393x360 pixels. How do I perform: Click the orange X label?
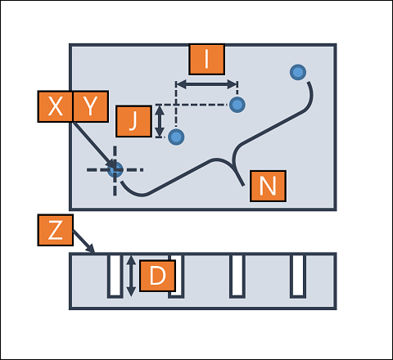click(56, 106)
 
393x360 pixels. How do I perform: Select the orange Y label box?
click(91, 106)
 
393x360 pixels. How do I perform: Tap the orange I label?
click(207, 59)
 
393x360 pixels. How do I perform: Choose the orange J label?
click(133, 121)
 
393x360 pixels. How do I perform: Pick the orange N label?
click(268, 186)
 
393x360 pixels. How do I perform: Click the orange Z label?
click(56, 230)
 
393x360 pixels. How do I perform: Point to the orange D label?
click(157, 276)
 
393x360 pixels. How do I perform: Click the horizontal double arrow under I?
click(207, 84)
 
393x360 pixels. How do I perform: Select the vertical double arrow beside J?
click(160, 121)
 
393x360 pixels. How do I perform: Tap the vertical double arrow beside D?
click(131, 276)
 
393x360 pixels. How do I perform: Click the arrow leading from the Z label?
click(84, 241)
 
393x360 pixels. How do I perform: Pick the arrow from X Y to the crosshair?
click(95, 146)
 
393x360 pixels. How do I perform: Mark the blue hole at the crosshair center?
click(115, 169)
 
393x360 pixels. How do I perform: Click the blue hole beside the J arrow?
click(176, 137)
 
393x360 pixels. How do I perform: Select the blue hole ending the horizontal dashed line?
click(237, 105)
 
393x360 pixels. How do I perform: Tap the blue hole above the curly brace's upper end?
click(298, 72)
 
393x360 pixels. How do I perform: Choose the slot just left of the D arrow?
click(115, 276)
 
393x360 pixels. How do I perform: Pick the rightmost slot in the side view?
click(298, 276)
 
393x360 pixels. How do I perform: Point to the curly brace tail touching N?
click(238, 175)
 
